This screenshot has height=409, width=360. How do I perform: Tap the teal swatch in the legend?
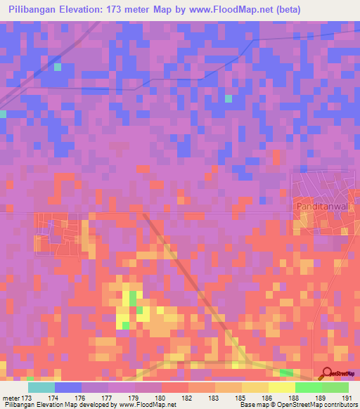[x=41, y=387]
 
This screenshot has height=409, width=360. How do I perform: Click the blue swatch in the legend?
[x=68, y=387]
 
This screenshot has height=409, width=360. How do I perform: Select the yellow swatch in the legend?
[x=282, y=387]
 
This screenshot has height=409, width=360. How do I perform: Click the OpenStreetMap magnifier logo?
[x=326, y=372]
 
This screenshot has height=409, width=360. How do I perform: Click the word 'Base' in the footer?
[x=247, y=405]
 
